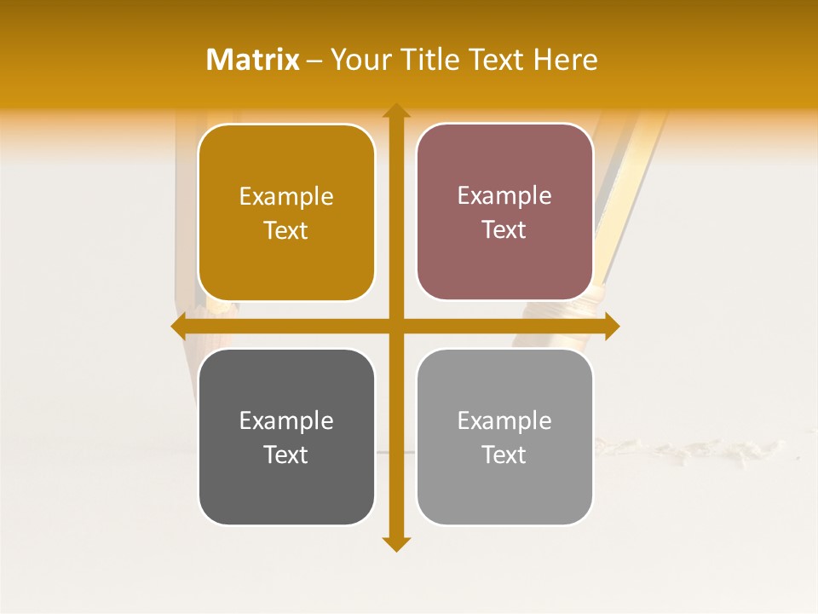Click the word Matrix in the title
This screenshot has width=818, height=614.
(253, 60)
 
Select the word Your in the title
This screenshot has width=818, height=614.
(358, 60)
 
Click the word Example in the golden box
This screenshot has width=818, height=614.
(286, 196)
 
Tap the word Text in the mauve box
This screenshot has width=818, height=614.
(504, 229)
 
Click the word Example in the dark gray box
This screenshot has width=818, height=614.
(286, 420)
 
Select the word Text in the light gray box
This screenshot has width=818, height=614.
(504, 455)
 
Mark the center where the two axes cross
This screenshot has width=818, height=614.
(396, 326)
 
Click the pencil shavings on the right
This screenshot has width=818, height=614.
(699, 449)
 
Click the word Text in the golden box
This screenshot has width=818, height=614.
(286, 230)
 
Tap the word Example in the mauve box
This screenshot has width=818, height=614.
(504, 195)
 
